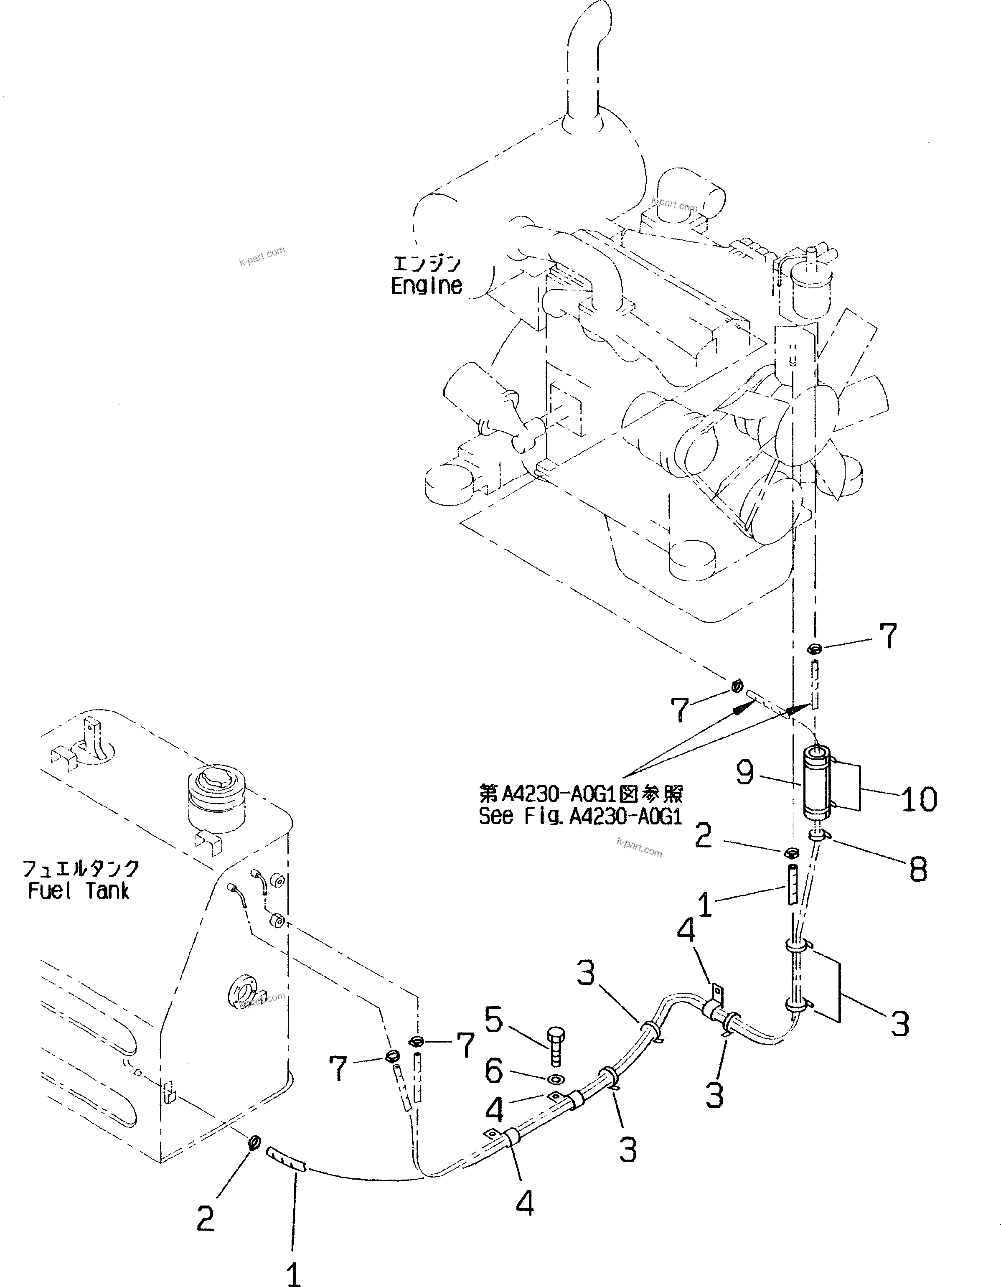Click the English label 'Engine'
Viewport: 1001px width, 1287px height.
[426, 286]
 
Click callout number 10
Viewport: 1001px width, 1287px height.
[919, 799]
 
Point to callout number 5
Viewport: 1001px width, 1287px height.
[494, 1020]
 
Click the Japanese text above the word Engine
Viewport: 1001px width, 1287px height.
[427, 263]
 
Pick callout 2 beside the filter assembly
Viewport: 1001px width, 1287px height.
[704, 836]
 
